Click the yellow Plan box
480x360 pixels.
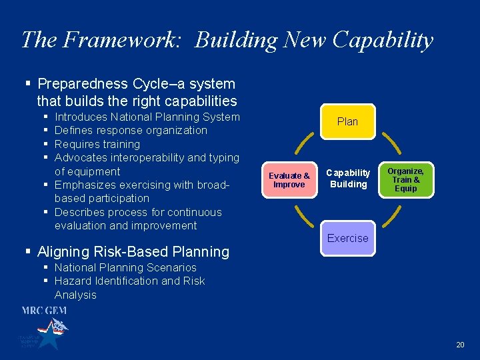[x=347, y=121]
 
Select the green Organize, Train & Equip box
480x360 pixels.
[x=405, y=179]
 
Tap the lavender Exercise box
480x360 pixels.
[x=347, y=238]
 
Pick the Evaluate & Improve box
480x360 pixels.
[x=289, y=180]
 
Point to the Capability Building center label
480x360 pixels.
[x=347, y=178]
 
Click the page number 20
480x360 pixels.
[x=460, y=345]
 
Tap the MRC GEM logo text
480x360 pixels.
[x=44, y=311]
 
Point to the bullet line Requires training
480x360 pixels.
[x=97, y=144]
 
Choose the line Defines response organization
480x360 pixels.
[x=131, y=131]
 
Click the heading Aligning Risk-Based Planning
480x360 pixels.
[x=133, y=252]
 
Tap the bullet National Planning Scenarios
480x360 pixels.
[x=125, y=267]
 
